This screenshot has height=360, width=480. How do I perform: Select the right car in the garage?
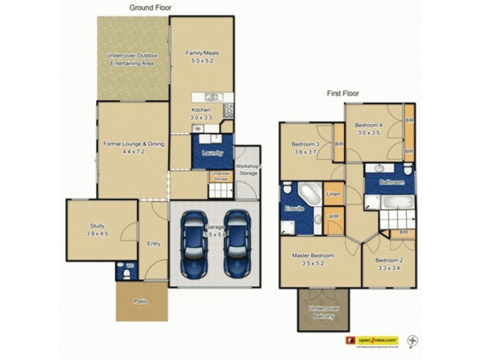click(236, 243)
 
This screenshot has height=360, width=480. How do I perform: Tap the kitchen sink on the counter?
click(211, 97)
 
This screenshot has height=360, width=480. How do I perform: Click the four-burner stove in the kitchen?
click(229, 110)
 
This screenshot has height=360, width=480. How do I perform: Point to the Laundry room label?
click(212, 153)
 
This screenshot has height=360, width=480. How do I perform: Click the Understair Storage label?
click(220, 177)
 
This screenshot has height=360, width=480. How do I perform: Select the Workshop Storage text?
click(247, 169)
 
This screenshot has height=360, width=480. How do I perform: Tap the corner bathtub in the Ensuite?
click(310, 194)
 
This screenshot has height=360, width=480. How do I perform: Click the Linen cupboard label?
click(334, 194)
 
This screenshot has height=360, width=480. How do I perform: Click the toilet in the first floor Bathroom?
click(408, 169)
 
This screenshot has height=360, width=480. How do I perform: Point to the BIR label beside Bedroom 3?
click(339, 144)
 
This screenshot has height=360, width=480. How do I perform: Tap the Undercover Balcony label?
click(323, 312)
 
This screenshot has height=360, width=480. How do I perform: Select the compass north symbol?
click(412, 340)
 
